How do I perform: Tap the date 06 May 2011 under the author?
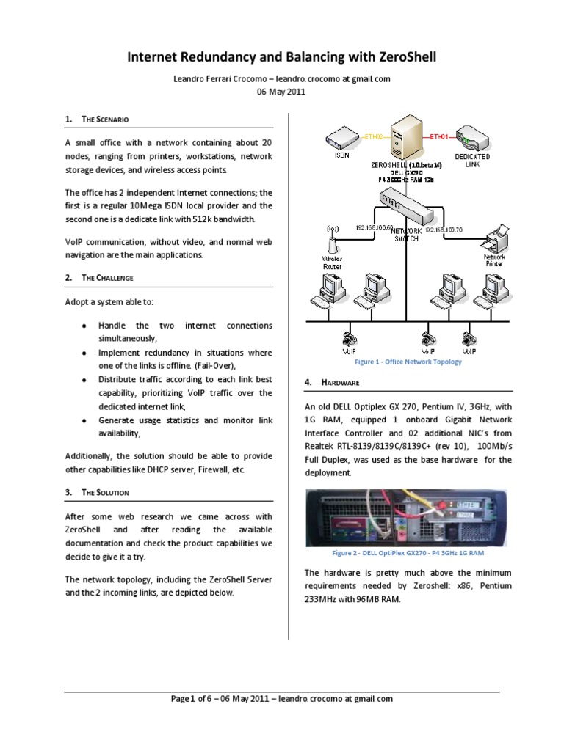pos(281,92)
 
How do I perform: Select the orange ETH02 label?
pos(375,136)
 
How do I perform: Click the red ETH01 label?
pos(438,136)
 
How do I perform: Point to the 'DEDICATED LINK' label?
pos(471,161)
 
